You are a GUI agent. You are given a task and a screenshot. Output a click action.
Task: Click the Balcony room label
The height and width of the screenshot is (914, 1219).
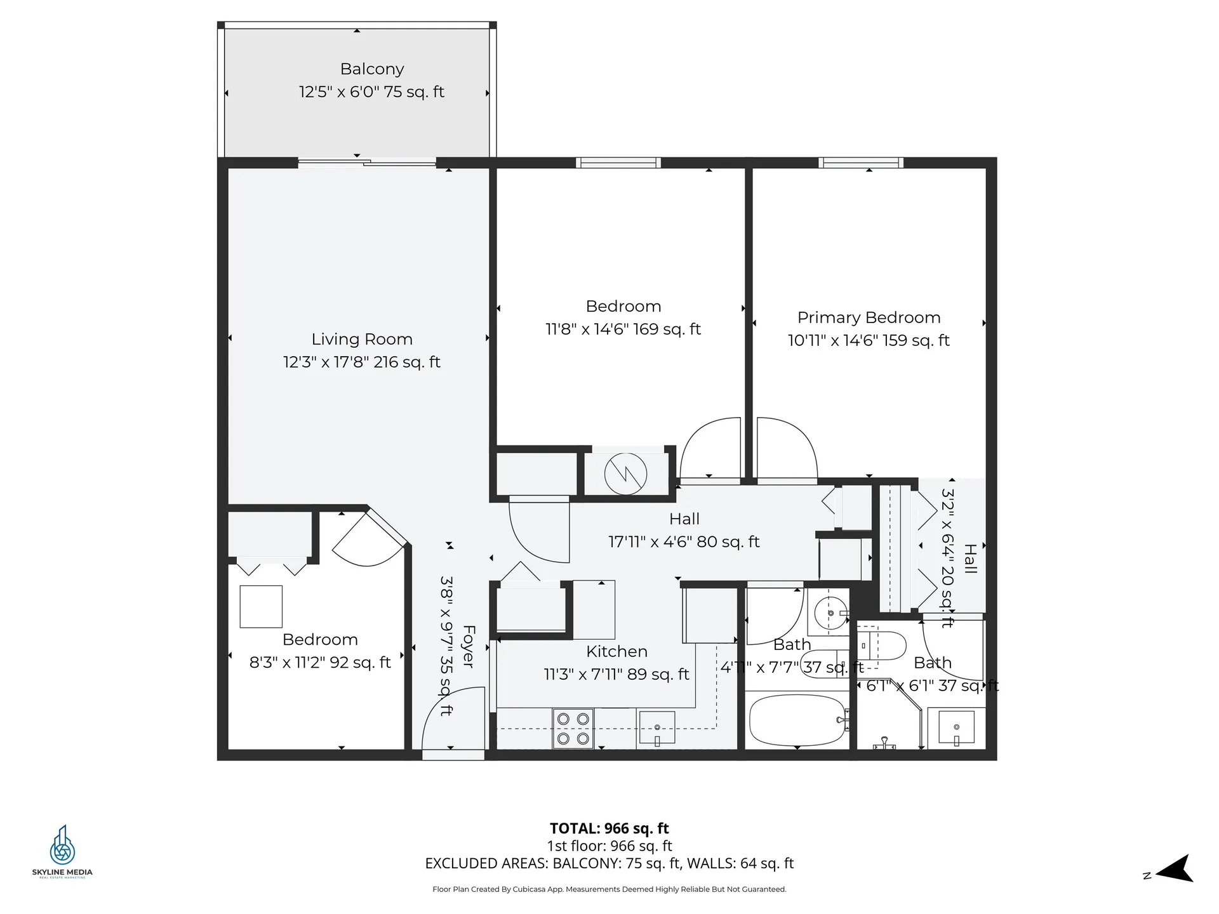pos(372,69)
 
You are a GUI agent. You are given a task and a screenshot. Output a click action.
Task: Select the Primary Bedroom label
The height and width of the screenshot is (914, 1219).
pos(869,317)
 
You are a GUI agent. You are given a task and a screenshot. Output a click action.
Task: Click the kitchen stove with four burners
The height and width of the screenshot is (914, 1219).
pos(573,729)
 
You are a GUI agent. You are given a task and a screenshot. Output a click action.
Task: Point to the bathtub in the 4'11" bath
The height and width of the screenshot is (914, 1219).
pos(797,720)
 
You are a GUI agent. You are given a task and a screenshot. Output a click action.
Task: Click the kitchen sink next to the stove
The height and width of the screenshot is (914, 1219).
pos(657,728)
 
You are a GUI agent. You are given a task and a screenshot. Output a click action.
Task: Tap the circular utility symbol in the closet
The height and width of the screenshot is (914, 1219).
pos(625,474)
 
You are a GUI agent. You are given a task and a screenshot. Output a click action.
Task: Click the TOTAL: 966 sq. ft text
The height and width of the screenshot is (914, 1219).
pos(609,828)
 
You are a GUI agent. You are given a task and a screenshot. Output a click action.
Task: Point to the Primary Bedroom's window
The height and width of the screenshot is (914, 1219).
pos(861,163)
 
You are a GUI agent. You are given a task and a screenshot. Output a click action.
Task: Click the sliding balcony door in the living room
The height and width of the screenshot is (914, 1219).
pos(367,163)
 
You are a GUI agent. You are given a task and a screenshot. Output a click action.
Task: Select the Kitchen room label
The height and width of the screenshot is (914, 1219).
pos(616,651)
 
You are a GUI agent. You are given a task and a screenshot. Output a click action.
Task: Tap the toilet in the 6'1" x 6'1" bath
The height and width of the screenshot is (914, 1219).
pos(883,646)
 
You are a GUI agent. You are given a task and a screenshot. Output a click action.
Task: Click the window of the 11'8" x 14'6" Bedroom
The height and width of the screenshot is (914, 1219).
pos(618,163)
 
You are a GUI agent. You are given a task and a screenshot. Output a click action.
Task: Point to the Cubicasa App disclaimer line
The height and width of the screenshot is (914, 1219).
pos(609,889)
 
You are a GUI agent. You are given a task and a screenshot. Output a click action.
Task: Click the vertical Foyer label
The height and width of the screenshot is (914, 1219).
pos(469,646)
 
